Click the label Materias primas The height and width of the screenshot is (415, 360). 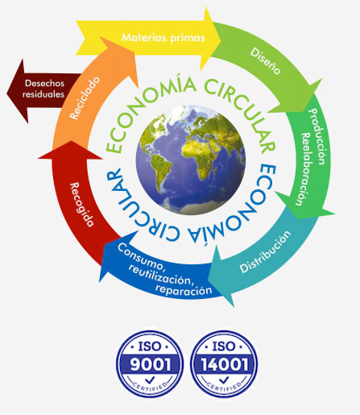163,37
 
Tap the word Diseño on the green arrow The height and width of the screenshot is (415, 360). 266,61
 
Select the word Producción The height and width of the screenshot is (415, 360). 317,136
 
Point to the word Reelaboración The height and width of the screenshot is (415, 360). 304,169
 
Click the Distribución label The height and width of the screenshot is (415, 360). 265,251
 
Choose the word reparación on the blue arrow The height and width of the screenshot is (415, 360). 184,290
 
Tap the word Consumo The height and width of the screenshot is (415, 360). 140,256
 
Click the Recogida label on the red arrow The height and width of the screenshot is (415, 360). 82,205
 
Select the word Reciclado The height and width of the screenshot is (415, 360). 85,98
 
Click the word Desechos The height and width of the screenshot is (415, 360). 44,83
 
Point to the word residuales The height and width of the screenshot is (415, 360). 43,94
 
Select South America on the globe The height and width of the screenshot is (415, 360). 159,172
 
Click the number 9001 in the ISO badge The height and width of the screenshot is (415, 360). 150,364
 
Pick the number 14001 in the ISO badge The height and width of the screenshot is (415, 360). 224,364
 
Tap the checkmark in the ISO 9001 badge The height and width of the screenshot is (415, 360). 150,380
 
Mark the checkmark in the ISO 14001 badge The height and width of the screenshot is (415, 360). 224,380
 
